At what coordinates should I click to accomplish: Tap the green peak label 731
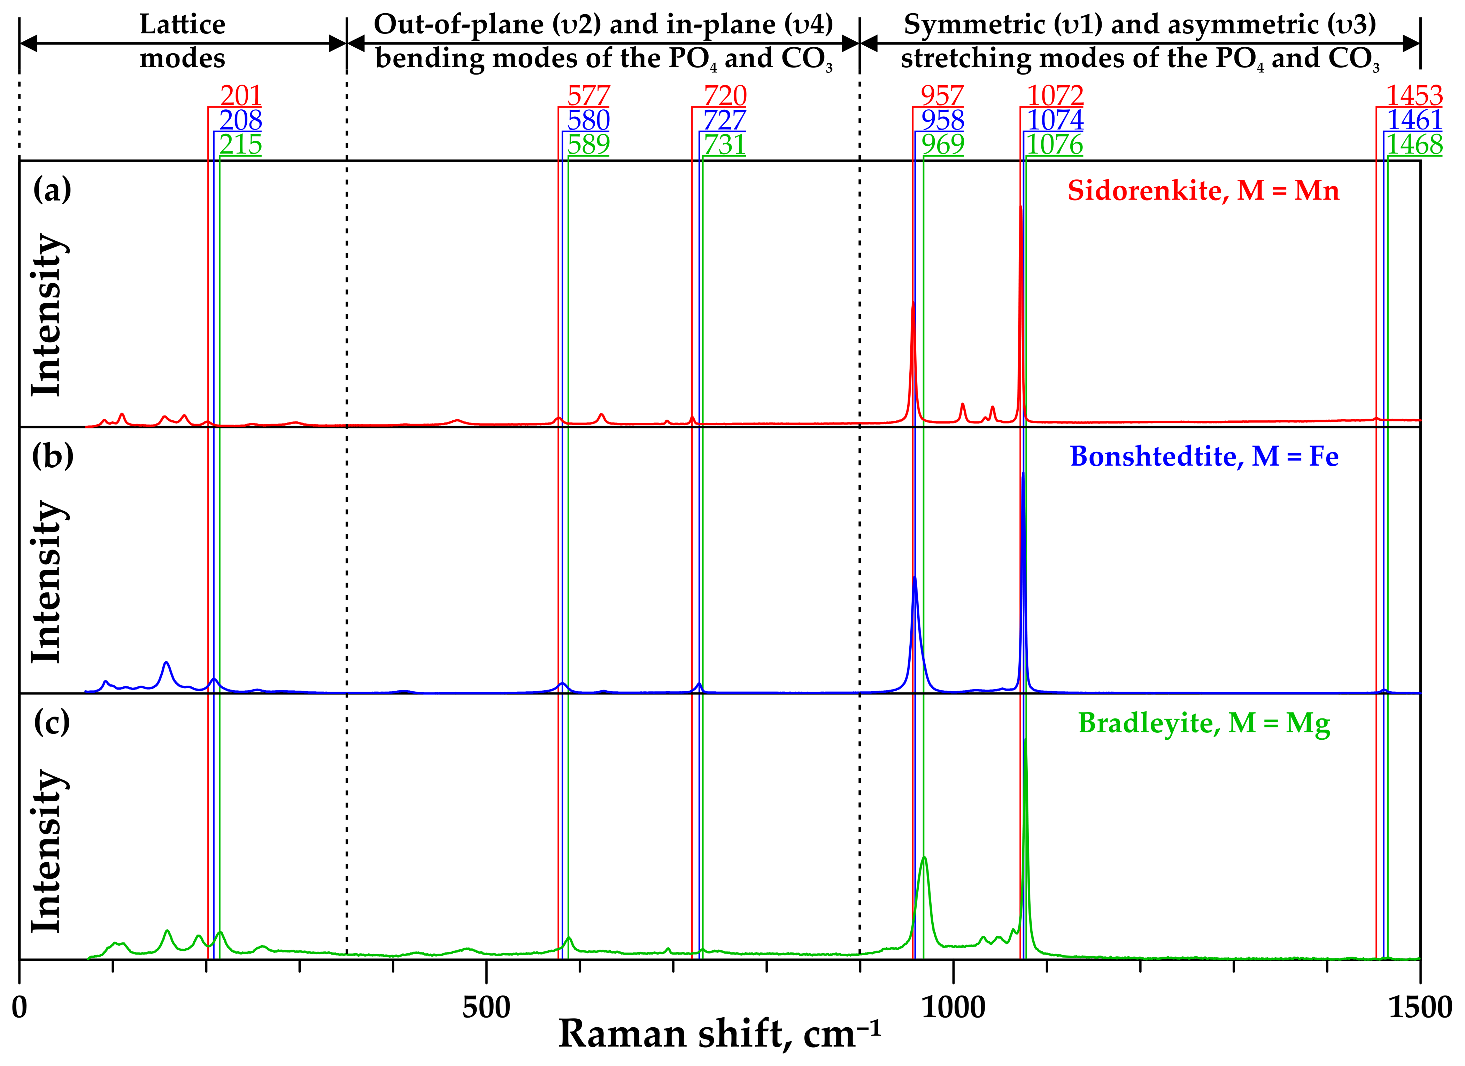[725, 145]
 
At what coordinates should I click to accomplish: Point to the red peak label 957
[942, 96]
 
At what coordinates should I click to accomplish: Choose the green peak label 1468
[1414, 145]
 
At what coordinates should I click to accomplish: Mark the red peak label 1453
[1414, 96]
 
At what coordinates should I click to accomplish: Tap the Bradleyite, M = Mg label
[1204, 723]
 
